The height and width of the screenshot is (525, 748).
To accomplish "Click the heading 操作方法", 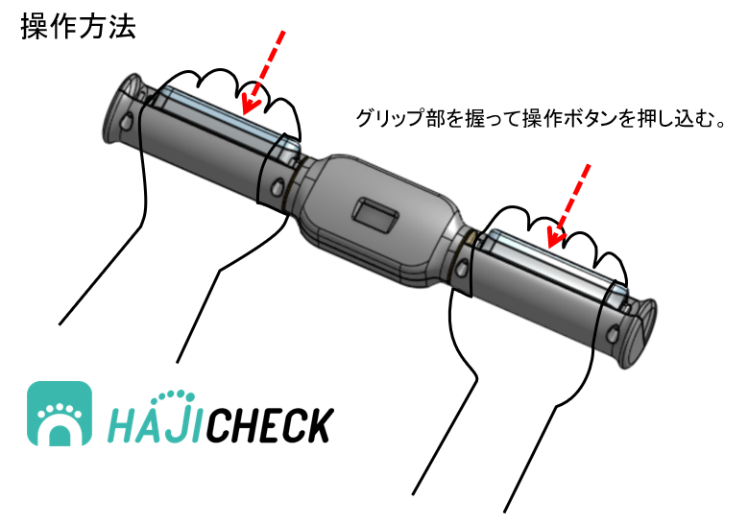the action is pos(79,26).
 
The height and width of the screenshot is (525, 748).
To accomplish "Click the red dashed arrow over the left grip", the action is pos(263,72).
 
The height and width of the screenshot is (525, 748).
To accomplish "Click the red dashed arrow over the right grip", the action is pos(568,206).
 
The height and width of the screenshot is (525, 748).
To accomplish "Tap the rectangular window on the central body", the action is pos(375,214).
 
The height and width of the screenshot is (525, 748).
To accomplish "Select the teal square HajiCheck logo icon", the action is pos(60,414).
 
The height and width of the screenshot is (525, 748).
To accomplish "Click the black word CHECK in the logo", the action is pos(270,425).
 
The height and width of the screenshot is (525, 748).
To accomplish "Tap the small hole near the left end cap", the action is pos(127,121).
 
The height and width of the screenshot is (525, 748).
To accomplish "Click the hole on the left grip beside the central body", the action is pos(277,187).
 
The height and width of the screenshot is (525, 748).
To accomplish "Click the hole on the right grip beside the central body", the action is pos(462,269).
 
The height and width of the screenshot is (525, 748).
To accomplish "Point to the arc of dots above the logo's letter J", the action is pos(177,395).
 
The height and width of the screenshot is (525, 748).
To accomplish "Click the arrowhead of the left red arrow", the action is pos(251,101).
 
